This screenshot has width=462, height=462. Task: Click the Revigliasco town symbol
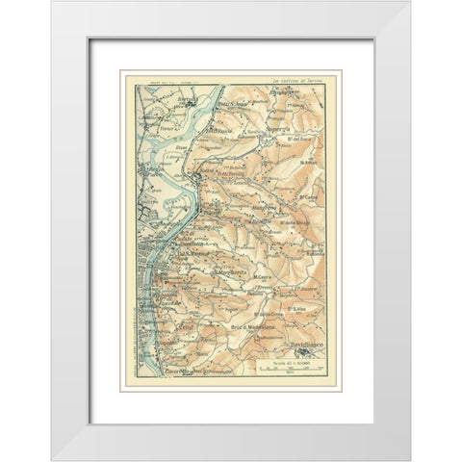305,350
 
